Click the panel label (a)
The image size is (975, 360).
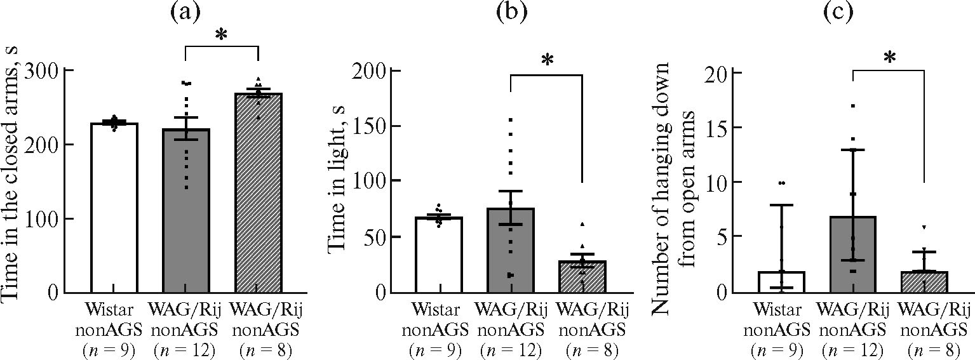point(186,13)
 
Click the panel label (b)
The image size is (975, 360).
point(511,13)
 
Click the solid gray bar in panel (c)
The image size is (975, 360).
point(853,254)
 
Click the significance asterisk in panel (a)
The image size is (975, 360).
point(221,35)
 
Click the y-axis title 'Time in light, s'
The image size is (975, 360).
point(338,181)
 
